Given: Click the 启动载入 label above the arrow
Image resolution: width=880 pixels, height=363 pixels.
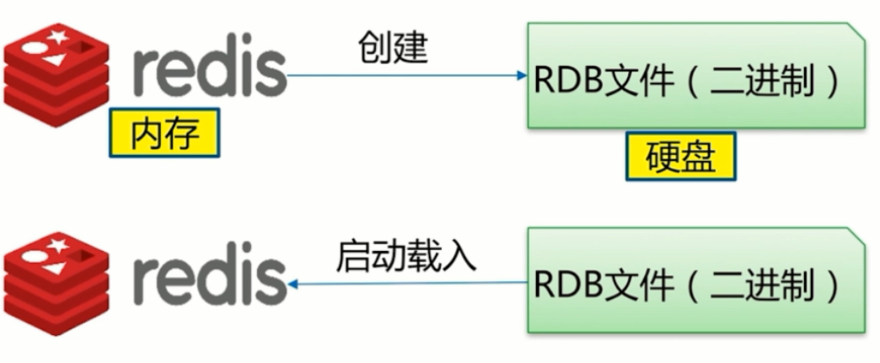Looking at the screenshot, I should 406,254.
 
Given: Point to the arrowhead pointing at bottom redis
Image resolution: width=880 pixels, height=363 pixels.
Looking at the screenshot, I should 293,284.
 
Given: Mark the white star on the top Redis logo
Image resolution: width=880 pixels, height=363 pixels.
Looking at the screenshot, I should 57,36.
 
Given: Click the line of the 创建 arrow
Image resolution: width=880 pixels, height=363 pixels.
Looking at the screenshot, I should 405,76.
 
